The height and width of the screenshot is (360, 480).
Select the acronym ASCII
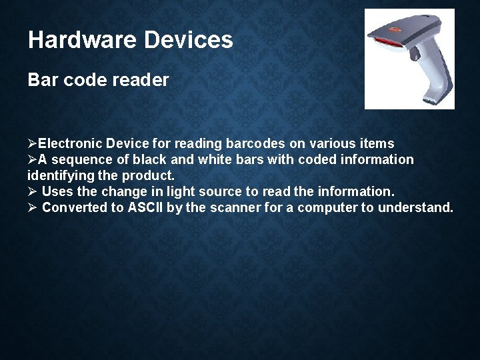point(145,207)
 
